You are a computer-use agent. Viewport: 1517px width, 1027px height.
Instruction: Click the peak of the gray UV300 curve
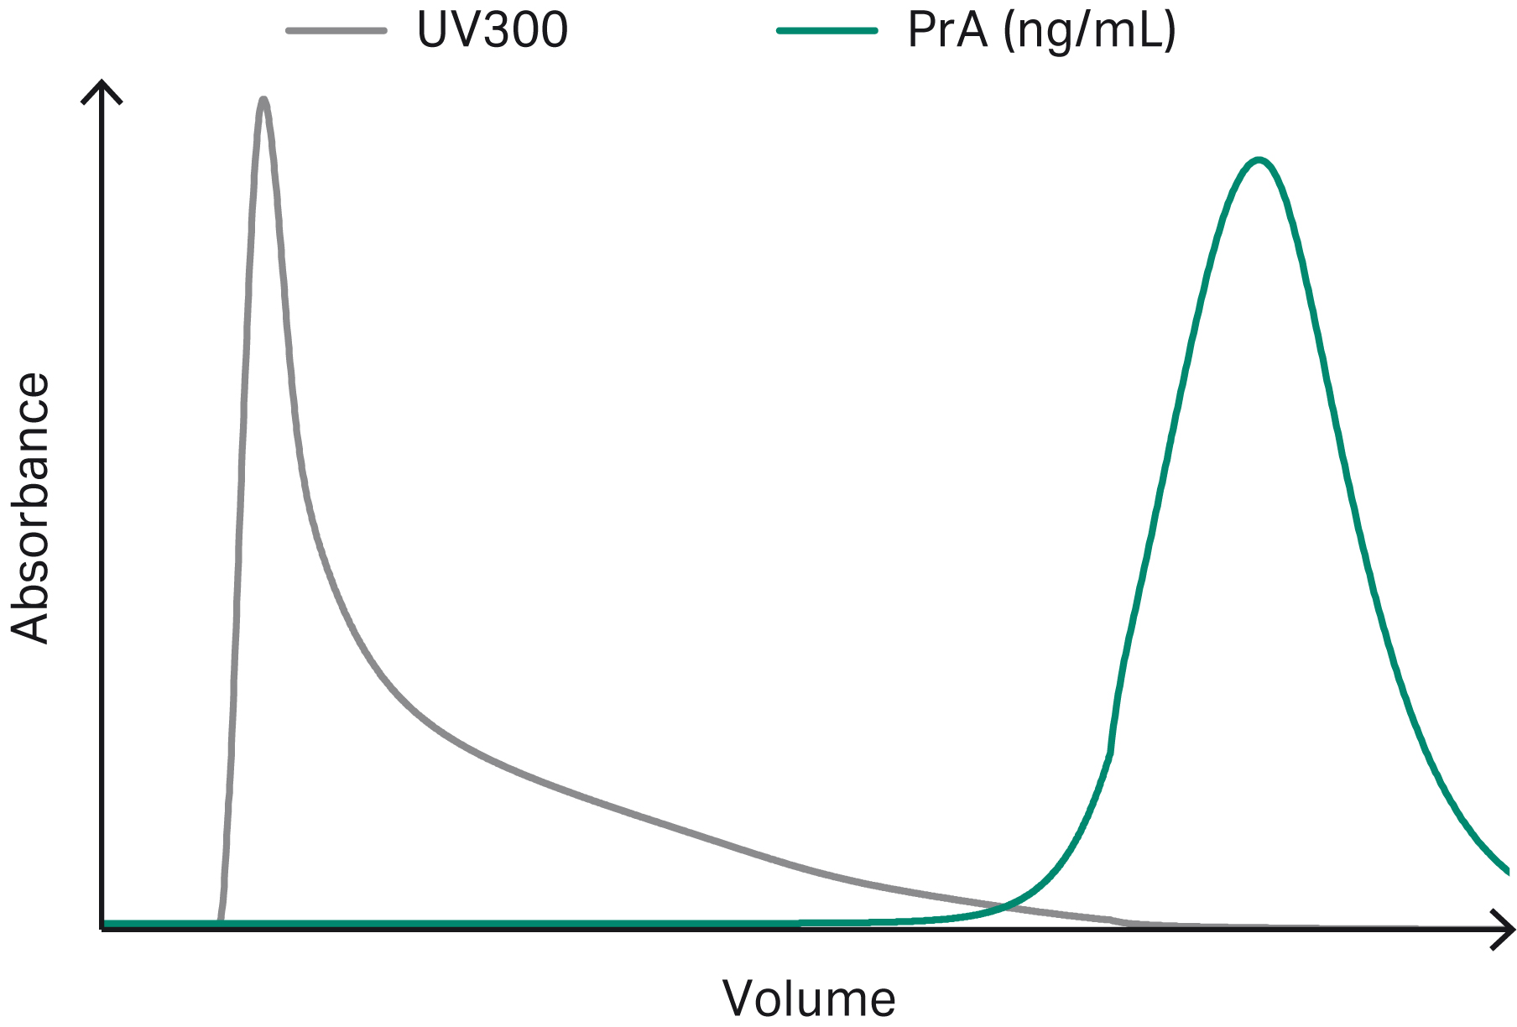click(x=263, y=101)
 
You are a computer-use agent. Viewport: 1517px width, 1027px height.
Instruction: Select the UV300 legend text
click(x=493, y=30)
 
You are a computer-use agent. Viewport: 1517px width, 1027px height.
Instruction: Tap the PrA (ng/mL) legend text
click(x=1041, y=30)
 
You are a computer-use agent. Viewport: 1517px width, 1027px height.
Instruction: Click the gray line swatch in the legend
click(x=336, y=31)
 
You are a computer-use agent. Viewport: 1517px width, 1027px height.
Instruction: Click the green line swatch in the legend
click(x=827, y=31)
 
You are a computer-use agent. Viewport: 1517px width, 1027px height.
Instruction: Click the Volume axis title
click(x=809, y=998)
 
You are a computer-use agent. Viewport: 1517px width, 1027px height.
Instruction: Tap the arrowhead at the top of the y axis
click(x=102, y=87)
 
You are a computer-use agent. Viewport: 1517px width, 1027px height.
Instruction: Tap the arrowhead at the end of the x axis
click(x=1506, y=929)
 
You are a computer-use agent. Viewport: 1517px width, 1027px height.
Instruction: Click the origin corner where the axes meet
click(x=102, y=928)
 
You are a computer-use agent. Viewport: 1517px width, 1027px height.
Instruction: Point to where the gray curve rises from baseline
click(x=220, y=918)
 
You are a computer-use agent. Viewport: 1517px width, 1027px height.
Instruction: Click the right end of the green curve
click(x=1508, y=872)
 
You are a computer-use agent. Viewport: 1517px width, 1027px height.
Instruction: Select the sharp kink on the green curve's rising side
click(x=1111, y=752)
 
